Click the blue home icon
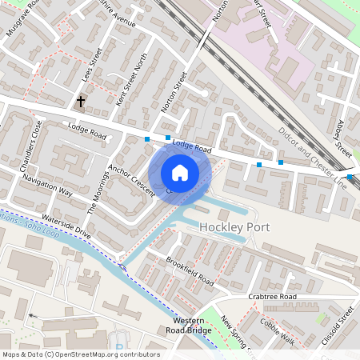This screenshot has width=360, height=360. (180, 172)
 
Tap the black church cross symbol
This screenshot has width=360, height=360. (81, 102)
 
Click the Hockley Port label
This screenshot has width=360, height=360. (234, 227)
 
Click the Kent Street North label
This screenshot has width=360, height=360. (132, 80)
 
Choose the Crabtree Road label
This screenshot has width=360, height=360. (272, 297)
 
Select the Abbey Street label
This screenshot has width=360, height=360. (344, 138)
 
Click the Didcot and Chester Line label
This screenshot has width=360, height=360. (314, 157)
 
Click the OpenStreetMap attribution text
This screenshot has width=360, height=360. (81, 354)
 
